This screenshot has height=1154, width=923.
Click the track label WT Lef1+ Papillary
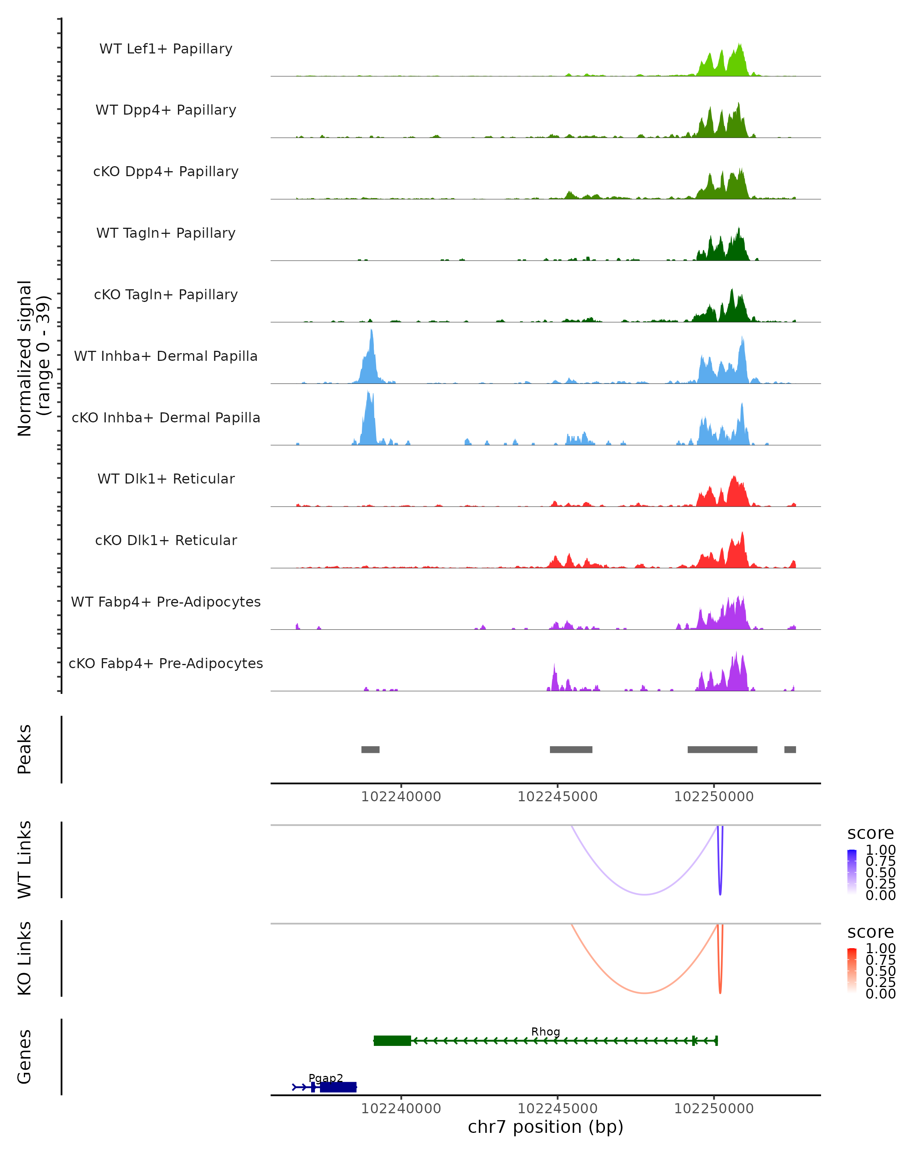pyautogui.click(x=166, y=49)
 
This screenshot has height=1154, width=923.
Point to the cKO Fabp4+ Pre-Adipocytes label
pyautogui.click(x=166, y=663)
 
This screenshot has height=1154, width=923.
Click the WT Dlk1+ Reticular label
pyautogui.click(x=166, y=479)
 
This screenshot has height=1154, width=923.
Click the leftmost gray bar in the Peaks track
pyautogui.click(x=370, y=749)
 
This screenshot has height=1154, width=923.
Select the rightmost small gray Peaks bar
pyautogui.click(x=790, y=749)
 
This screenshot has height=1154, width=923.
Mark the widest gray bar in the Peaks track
pyautogui.click(x=722, y=749)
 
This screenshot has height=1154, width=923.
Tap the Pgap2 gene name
pyautogui.click(x=325, y=1078)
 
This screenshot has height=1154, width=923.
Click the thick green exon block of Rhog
pyautogui.click(x=392, y=1041)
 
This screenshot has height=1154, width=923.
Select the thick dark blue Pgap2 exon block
pyautogui.click(x=338, y=1087)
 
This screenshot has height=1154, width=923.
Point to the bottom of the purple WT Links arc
pyautogui.click(x=645, y=894)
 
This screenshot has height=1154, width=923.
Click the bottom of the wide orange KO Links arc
pyautogui.click(x=645, y=993)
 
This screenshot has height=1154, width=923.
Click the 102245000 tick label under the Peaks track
pyautogui.click(x=558, y=797)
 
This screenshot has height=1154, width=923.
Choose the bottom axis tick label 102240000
pyautogui.click(x=401, y=1109)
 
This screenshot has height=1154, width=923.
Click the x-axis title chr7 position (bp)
pyautogui.click(x=545, y=1127)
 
